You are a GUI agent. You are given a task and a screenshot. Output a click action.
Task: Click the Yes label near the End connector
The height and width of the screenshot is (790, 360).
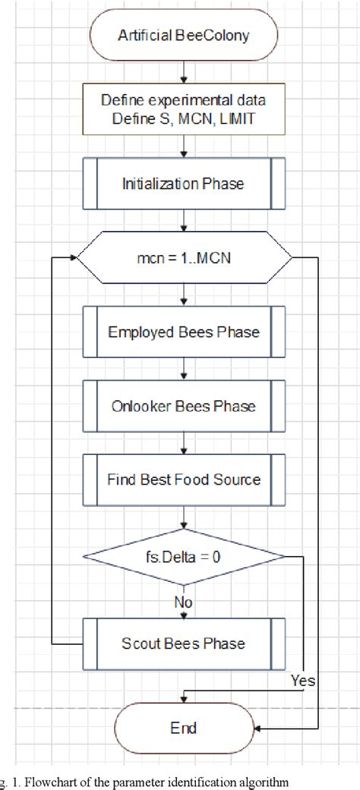click(x=303, y=681)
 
